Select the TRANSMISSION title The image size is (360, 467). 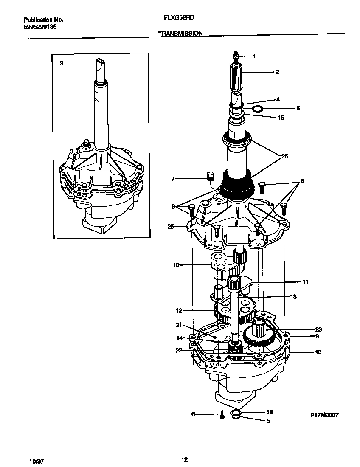[x=180, y=33]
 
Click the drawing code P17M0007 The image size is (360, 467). [x=323, y=415]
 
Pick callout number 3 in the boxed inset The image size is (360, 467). [x=62, y=63]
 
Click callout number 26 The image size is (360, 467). [x=284, y=156]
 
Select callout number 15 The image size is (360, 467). [x=281, y=118]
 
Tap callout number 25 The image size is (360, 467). [x=171, y=227]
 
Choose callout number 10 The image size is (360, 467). [x=175, y=265]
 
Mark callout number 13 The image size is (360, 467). [x=293, y=296]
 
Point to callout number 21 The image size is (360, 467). [x=179, y=325]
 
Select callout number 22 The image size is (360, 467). [x=179, y=350]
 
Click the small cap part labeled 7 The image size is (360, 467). [x=209, y=176]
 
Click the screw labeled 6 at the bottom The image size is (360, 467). [x=222, y=415]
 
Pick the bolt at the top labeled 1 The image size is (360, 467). [x=236, y=56]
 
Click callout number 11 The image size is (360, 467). [x=305, y=282]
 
